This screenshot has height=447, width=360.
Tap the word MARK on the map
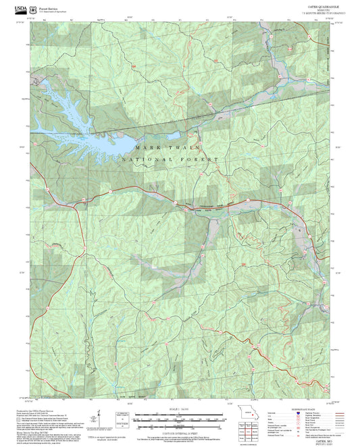point(148,147)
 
